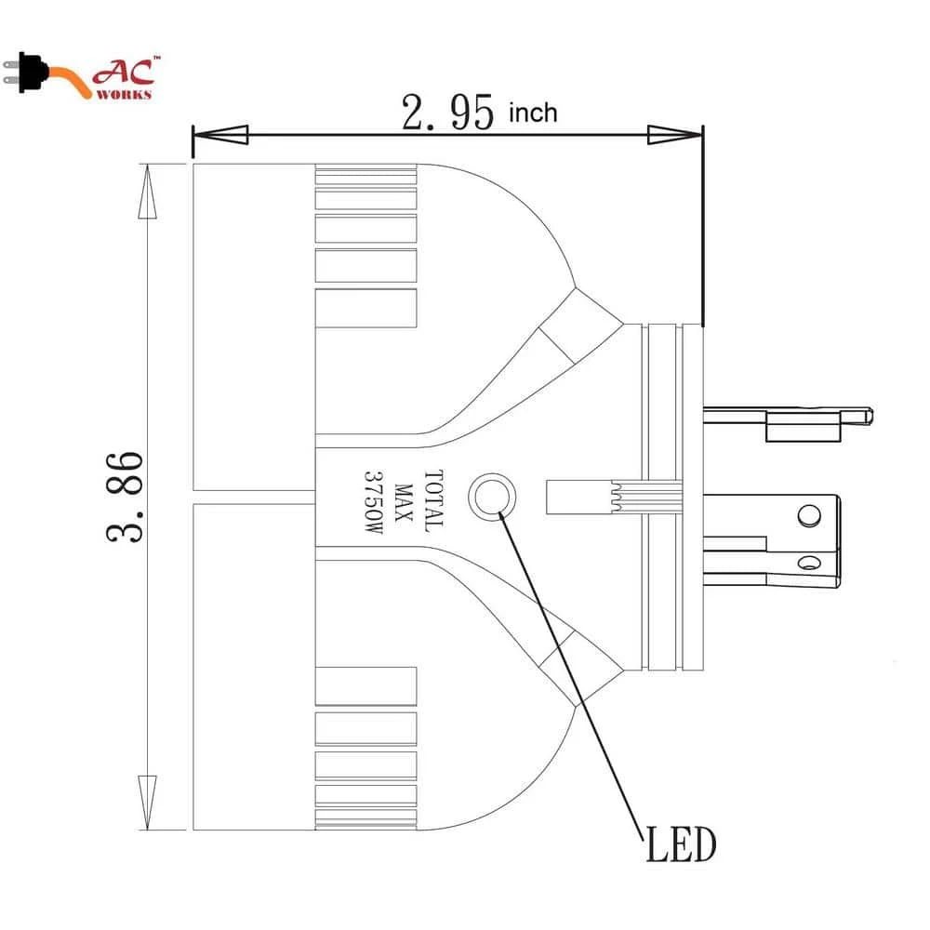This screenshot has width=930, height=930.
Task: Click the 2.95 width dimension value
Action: coord(447,113)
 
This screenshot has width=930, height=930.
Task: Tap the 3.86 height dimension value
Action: coord(125,497)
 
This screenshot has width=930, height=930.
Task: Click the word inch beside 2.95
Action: coord(533,113)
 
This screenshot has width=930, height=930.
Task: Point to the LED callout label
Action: coord(681,844)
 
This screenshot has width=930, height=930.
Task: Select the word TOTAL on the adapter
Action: coord(433,500)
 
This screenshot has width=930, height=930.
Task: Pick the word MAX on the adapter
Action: coord(404,502)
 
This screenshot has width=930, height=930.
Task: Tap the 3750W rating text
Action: coord(373,502)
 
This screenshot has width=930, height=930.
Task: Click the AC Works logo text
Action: coord(126,78)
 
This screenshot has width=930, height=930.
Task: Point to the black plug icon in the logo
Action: coord(27,73)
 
